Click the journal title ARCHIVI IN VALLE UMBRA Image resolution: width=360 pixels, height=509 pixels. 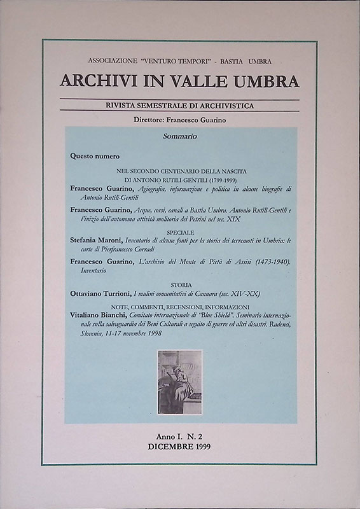click(x=179, y=81)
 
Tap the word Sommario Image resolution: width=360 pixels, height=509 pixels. click(x=180, y=136)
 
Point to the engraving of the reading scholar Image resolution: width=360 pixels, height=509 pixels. click(x=180, y=382)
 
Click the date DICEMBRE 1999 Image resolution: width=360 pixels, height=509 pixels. click(x=179, y=447)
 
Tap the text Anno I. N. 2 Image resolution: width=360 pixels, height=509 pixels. click(x=179, y=437)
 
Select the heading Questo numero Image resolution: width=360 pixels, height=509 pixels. click(x=95, y=156)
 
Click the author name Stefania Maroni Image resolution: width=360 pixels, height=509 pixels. click(x=96, y=258)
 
